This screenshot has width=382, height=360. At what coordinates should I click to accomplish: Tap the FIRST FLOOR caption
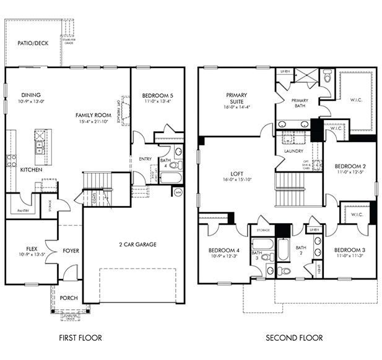[x=80, y=338]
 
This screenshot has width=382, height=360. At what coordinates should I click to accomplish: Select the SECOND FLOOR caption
[x=294, y=338]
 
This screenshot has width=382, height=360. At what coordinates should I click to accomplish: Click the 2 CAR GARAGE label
[x=137, y=244]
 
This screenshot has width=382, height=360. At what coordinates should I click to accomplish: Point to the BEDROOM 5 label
[x=157, y=95]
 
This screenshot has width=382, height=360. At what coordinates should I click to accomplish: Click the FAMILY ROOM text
[x=93, y=115]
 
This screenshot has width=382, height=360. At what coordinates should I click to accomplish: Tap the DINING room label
[x=31, y=95]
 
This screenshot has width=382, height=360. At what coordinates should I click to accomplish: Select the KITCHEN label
[x=31, y=169]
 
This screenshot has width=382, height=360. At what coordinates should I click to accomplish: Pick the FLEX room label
[x=32, y=248]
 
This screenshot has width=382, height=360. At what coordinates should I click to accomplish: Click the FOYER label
[x=71, y=251]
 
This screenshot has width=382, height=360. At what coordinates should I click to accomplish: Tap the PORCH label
[x=69, y=298]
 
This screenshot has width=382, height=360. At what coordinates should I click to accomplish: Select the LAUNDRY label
[x=292, y=151]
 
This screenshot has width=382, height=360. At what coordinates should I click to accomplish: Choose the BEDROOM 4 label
[x=224, y=251]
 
